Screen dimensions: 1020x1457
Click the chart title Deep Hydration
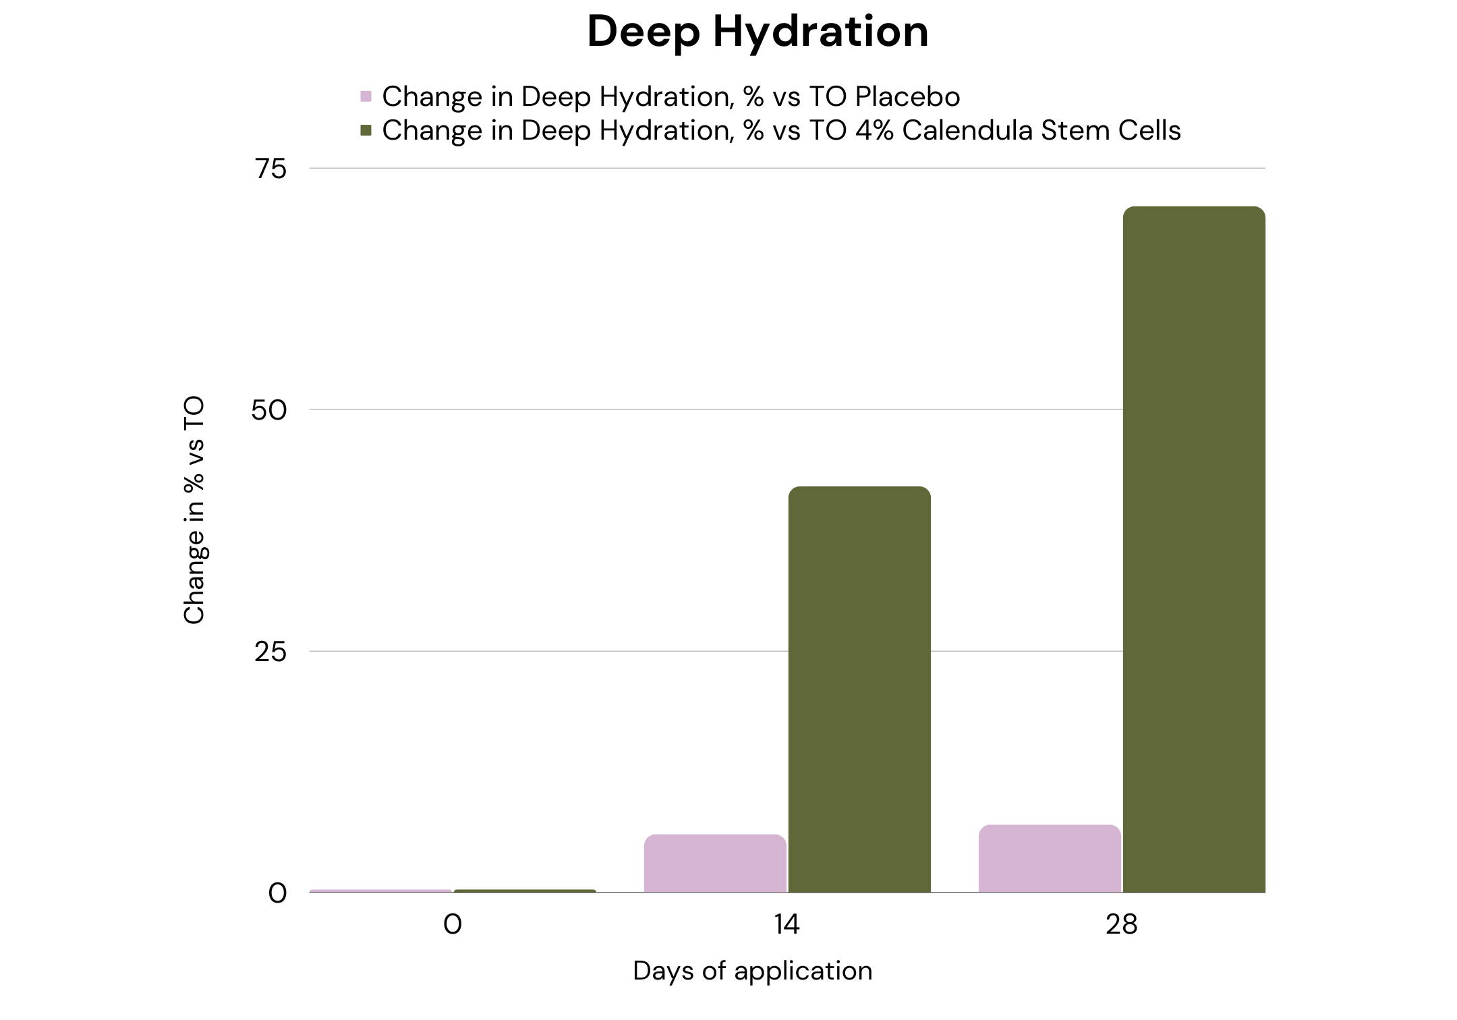[758, 31]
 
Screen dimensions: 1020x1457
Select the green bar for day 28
[1194, 549]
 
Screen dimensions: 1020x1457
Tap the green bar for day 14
[859, 689]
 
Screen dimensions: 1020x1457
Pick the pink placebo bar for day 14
[715, 863]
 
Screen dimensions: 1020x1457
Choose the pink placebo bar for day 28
[1050, 858]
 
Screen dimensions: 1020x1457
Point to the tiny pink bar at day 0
[380, 891]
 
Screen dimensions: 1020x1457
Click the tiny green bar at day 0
[525, 891]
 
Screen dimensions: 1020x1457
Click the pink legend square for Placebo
[366, 96]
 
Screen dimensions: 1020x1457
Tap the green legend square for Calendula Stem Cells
[366, 130]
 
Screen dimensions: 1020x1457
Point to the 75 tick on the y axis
[271, 169]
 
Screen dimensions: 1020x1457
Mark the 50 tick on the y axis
[269, 410]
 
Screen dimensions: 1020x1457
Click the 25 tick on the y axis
[270, 652]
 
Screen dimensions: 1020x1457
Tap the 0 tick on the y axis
[278, 893]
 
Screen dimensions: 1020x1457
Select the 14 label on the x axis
[787, 924]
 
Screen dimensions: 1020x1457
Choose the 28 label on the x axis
[1121, 924]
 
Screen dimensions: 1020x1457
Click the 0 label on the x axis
[453, 924]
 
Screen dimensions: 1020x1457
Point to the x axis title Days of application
[753, 971]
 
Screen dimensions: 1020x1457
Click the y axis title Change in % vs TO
[194, 510]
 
